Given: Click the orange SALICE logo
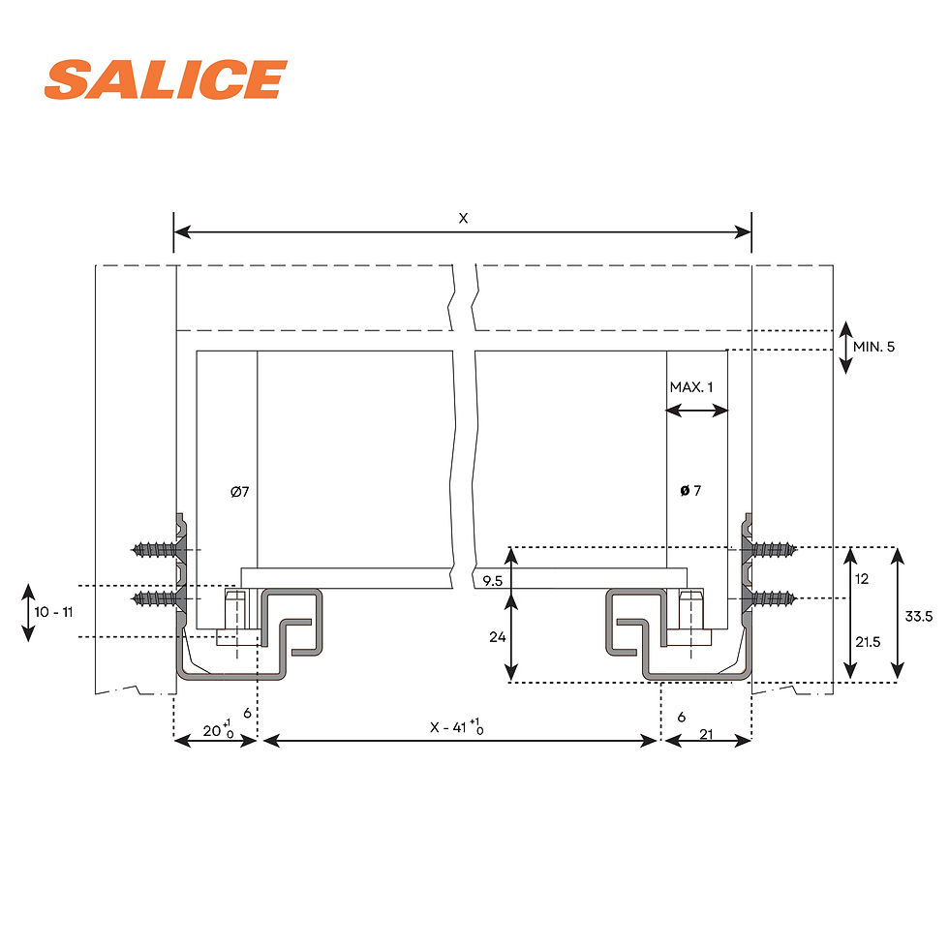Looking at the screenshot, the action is pyautogui.click(x=166, y=79).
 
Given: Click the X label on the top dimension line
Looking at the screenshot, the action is pyautogui.click(x=463, y=219).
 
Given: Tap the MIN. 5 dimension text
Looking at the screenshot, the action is pyautogui.click(x=873, y=347).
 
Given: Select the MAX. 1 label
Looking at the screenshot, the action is pyautogui.click(x=691, y=386).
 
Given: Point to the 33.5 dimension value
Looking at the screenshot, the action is pyautogui.click(x=919, y=616).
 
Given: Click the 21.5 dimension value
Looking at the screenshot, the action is pyautogui.click(x=868, y=641).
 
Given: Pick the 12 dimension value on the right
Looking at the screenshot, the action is pyautogui.click(x=862, y=579).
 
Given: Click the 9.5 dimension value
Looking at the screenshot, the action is pyautogui.click(x=493, y=581).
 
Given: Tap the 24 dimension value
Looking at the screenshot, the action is pyautogui.click(x=498, y=637).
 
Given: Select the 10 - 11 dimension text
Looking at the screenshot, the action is pyautogui.click(x=53, y=612).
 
